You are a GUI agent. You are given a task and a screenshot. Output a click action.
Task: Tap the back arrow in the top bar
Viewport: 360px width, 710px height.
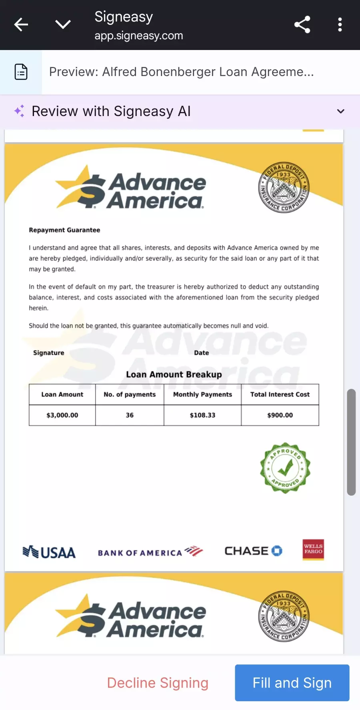tap(21, 24)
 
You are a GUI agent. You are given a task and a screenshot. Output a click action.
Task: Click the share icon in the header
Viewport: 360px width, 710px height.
tap(302, 24)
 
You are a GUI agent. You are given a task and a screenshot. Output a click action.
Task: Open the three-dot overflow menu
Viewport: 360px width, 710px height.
tap(340, 24)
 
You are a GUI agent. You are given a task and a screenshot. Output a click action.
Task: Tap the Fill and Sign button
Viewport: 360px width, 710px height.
tap(292, 682)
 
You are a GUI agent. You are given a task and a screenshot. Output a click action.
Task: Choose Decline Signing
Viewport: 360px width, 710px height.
tap(158, 682)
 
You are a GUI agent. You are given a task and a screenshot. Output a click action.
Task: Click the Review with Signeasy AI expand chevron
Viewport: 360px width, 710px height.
tap(340, 111)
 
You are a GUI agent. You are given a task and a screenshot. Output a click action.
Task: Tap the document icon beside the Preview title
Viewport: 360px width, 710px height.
tap(21, 72)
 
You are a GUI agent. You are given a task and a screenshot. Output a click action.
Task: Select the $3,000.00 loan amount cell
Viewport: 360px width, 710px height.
tap(62, 415)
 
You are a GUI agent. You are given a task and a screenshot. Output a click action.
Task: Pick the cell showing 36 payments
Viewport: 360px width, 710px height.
tap(130, 415)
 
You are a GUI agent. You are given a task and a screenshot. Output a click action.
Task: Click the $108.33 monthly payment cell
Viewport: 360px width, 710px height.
tap(202, 415)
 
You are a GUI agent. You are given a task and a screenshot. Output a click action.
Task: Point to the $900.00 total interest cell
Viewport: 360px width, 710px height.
tap(280, 415)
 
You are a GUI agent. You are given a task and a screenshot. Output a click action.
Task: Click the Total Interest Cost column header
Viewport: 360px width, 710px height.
tap(280, 394)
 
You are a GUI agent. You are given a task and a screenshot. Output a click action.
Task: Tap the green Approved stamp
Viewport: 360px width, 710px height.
tap(285, 468)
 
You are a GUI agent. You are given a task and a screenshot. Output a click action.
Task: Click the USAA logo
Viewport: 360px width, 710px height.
tap(49, 552)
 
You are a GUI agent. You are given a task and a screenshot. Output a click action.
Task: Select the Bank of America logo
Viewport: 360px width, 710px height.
tap(150, 552)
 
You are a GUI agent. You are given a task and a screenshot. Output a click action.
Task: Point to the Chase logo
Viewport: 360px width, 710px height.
tap(253, 551)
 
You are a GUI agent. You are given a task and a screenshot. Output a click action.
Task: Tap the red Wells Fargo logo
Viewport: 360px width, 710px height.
tap(313, 549)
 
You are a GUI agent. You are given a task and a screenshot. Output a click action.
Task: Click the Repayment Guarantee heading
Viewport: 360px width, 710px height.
tap(64, 230)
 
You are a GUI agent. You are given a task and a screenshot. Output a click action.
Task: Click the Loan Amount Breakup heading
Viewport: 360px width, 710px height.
tap(174, 375)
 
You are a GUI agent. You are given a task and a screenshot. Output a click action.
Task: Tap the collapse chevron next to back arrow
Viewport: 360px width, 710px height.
tap(63, 24)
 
